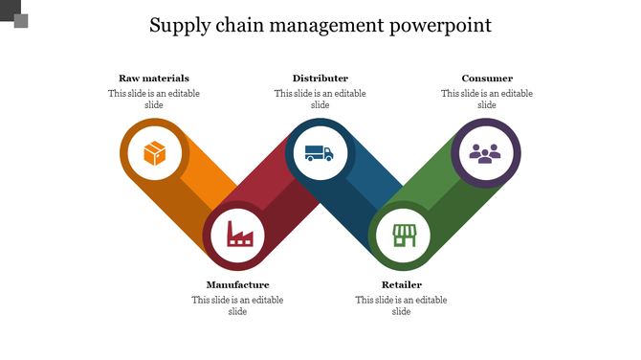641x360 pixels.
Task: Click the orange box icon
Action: coord(154,153)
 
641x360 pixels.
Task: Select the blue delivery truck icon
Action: coord(320,153)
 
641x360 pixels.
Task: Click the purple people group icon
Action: coord(485,153)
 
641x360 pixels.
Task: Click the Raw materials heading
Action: coord(154,79)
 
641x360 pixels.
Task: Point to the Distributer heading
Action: coord(320,79)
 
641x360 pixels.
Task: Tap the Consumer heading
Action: coord(487,79)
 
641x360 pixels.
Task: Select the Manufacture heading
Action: coord(237,284)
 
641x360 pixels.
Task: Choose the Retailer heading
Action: coord(402,284)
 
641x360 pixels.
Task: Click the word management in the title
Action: coord(330,26)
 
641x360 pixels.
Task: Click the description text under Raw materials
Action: coord(154,100)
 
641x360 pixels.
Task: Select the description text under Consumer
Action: coord(487,100)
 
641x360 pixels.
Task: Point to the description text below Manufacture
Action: coord(237,305)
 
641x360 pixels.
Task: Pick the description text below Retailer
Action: coord(402,305)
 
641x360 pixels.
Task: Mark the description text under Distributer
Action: coord(320,100)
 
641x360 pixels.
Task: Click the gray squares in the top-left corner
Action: coord(14,14)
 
